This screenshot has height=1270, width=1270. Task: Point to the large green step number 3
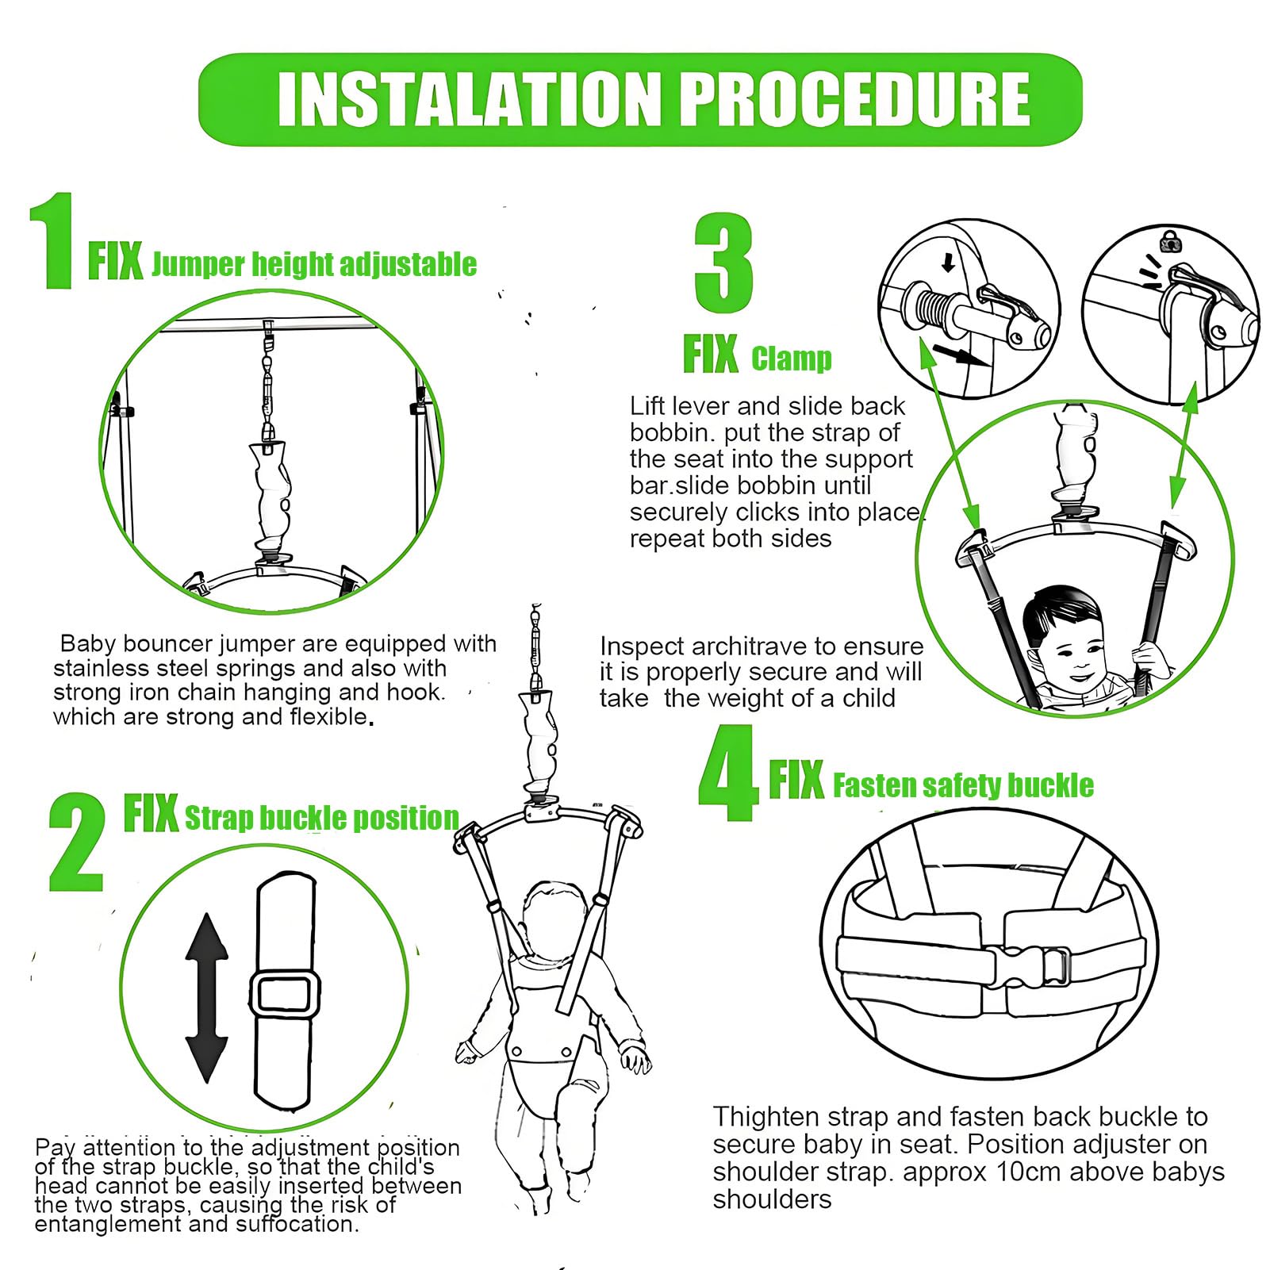tap(723, 263)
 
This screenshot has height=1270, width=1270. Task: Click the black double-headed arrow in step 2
tap(207, 998)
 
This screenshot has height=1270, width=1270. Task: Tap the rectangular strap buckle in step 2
tap(286, 994)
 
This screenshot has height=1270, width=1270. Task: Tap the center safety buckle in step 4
tap(1028, 966)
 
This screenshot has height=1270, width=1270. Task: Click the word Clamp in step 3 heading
tap(792, 359)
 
